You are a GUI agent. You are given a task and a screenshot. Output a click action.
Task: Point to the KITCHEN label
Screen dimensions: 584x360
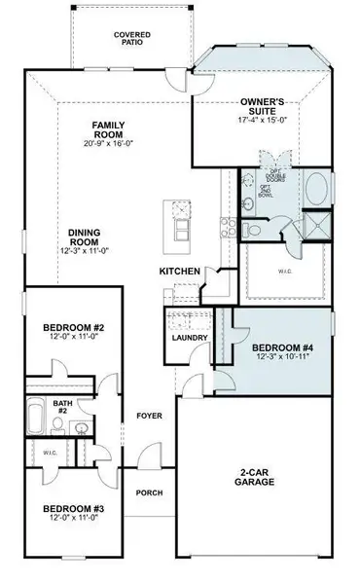click(x=181, y=271)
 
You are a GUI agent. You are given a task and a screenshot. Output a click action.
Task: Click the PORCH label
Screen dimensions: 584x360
click(x=149, y=492)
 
